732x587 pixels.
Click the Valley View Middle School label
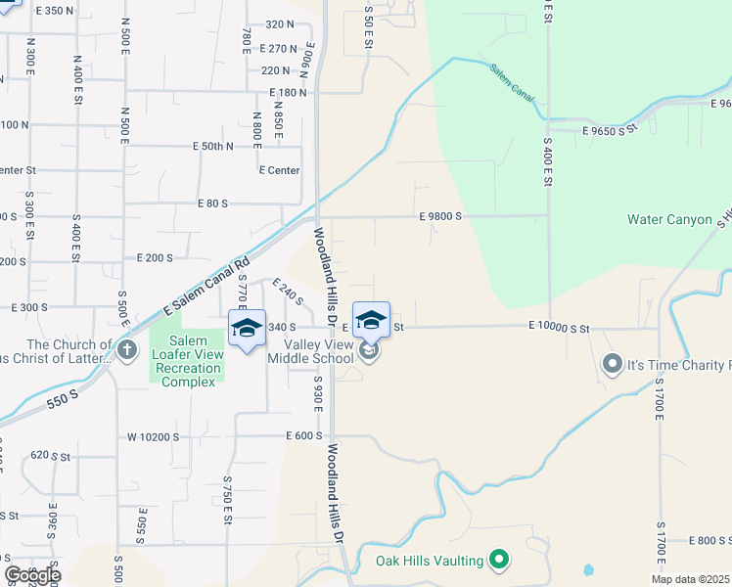pyautogui.click(x=319, y=351)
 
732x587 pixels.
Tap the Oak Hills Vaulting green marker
pyautogui.click(x=499, y=561)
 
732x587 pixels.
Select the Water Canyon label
pyautogui.click(x=669, y=220)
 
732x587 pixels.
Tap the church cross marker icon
pyautogui.click(x=126, y=350)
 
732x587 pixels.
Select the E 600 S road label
pyautogui.click(x=303, y=436)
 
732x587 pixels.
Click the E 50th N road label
pyautogui.click(x=213, y=147)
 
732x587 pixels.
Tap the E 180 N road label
pyautogui.click(x=289, y=93)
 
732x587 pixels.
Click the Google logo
pyautogui.click(x=32, y=575)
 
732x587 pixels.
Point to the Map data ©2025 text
pyautogui.click(x=690, y=579)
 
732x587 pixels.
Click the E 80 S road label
pyautogui.click(x=211, y=203)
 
